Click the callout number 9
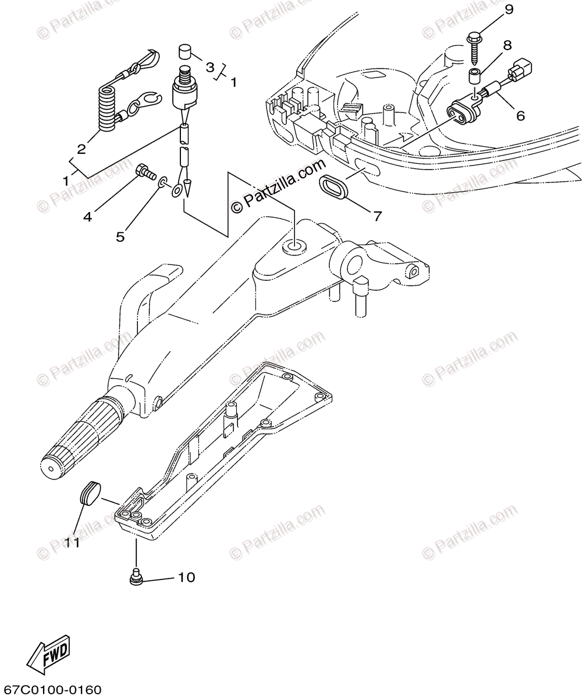pyautogui.click(x=509, y=10)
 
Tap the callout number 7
pyautogui.click(x=377, y=216)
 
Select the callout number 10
pyautogui.click(x=186, y=577)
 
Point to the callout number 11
pyautogui.click(x=72, y=542)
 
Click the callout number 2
pyautogui.click(x=81, y=149)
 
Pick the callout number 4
pyautogui.click(x=87, y=217)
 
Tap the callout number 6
pyautogui.click(x=520, y=115)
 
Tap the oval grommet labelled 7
pyautogui.click(x=333, y=188)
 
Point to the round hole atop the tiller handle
pyautogui.click(x=293, y=248)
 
